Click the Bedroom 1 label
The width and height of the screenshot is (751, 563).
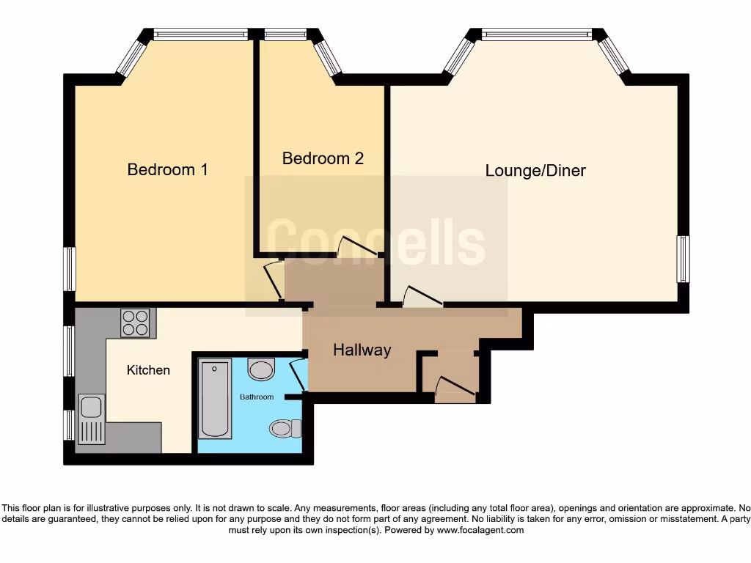tap(167, 169)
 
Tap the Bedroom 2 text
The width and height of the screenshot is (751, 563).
tap(323, 158)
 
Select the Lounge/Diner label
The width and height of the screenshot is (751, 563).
tap(535, 171)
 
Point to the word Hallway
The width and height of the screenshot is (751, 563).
tap(362, 350)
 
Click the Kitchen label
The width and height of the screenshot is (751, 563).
tap(148, 370)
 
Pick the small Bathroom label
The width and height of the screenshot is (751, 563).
tap(257, 397)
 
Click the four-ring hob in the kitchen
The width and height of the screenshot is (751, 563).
tap(135, 322)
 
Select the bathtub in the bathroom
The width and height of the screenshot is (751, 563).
tap(215, 398)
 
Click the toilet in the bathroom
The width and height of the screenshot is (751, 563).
tap(285, 427)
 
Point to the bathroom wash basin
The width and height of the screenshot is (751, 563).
tap(260, 369)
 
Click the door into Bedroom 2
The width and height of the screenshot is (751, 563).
tap(357, 247)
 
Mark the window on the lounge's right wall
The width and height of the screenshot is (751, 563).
tap(683, 259)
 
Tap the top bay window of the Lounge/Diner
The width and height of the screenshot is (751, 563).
tap(536, 34)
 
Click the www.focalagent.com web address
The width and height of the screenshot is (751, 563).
tap(480, 530)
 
